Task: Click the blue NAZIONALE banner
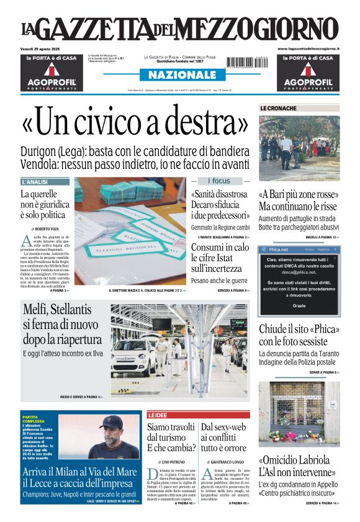[180, 75]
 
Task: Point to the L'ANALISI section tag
[35, 182]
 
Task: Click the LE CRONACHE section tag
[279, 109]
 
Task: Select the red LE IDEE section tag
[158, 415]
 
